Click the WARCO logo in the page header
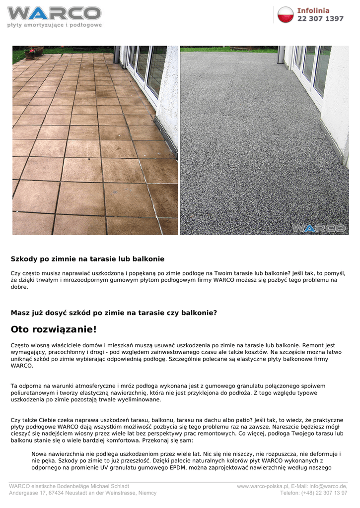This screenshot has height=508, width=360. click(54, 13)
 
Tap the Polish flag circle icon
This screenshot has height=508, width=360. click(286, 15)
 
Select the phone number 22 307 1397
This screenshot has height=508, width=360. click(320, 19)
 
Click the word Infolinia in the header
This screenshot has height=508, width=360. click(313, 10)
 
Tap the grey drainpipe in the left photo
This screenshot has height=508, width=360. click(117, 55)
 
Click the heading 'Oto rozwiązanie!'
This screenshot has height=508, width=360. click(54, 329)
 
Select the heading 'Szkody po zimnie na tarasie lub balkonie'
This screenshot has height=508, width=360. click(87, 259)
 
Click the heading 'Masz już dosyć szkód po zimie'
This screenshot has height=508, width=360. click(114, 313)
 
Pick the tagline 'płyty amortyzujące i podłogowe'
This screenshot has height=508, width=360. click(54, 25)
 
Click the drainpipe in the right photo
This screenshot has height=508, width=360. click(281, 55)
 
